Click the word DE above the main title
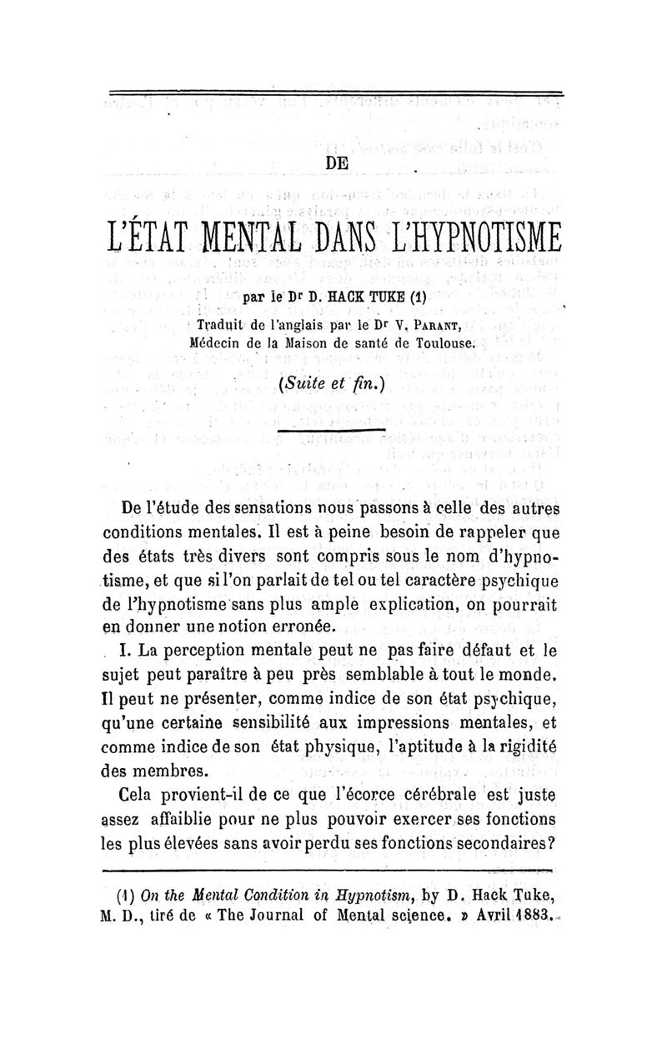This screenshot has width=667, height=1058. (x=337, y=163)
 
